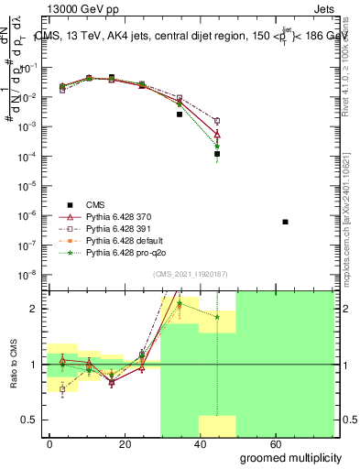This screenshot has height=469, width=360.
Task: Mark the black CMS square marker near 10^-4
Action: coord(217,154)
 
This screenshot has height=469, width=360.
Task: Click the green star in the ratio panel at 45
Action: coord(217,317)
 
